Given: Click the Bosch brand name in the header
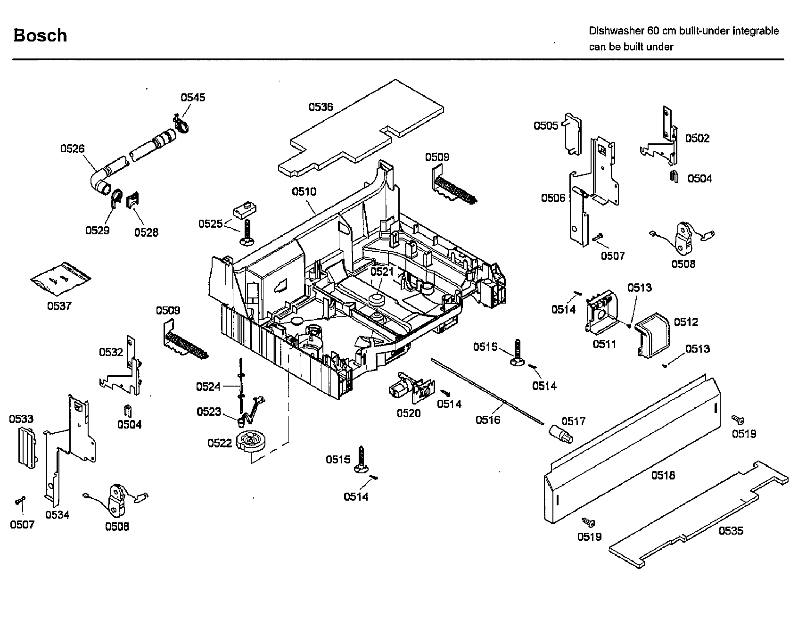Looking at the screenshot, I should coord(40,35).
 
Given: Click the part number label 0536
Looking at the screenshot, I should coord(321,107).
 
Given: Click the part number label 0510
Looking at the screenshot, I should coord(304,191).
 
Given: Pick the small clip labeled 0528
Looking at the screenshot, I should coord(133,200).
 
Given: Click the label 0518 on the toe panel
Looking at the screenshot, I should coord(663,475).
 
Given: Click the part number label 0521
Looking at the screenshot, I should coord(382,272).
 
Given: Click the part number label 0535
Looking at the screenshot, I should coord(731,531).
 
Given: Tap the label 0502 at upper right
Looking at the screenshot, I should coord(697,138).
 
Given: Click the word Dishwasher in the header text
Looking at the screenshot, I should coord(616,31).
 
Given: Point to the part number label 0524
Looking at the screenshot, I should coord(208,387).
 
